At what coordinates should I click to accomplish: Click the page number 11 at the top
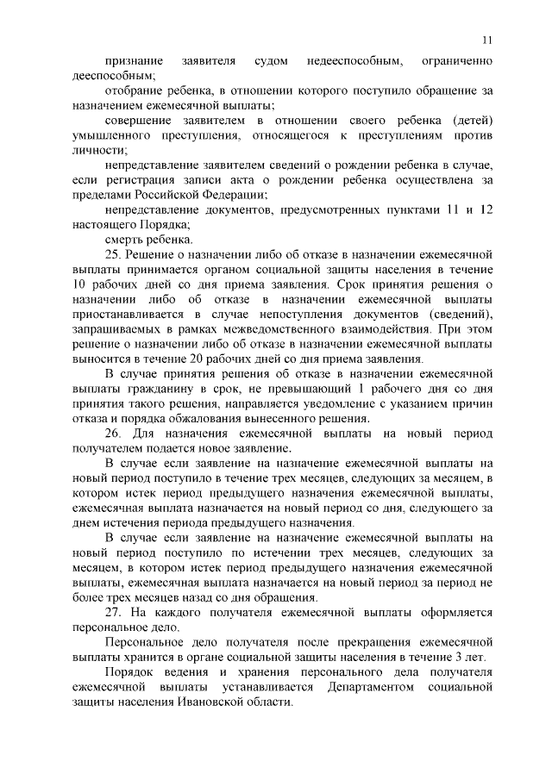486,39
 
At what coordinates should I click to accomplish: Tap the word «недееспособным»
355,62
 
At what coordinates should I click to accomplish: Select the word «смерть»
123,240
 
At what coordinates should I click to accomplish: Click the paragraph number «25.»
114,254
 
